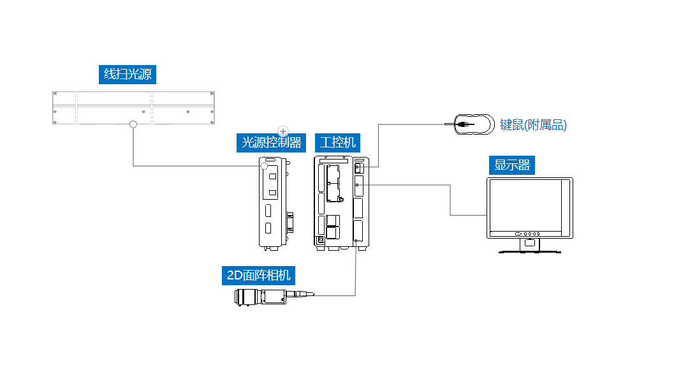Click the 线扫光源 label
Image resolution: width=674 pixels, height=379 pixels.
pyautogui.click(x=128, y=74)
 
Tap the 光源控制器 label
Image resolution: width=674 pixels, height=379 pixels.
pyautogui.click(x=271, y=142)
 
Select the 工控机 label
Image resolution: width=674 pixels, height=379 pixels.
pyautogui.click(x=337, y=142)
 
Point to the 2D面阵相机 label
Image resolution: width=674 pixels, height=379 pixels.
pyautogui.click(x=258, y=275)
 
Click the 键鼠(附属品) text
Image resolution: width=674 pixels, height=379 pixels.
pyautogui.click(x=533, y=125)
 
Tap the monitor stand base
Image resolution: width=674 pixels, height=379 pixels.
pyautogui.click(x=530, y=251)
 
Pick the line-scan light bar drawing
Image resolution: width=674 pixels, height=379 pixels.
pyautogui.click(x=133, y=107)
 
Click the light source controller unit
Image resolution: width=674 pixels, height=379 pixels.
pyautogui.click(x=272, y=202)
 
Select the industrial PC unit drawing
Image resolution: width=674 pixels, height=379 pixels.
pyautogui.click(x=341, y=202)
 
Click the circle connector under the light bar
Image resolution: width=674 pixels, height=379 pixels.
pyautogui.click(x=133, y=124)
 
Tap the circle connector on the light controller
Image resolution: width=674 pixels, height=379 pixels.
pyautogui.click(x=264, y=166)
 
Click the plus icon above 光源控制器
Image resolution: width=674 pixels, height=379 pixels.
pyautogui.click(x=284, y=131)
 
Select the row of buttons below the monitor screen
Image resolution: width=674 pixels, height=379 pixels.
pyautogui.click(x=529, y=234)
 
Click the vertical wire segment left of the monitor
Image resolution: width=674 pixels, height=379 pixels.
pyautogui.click(x=451, y=200)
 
